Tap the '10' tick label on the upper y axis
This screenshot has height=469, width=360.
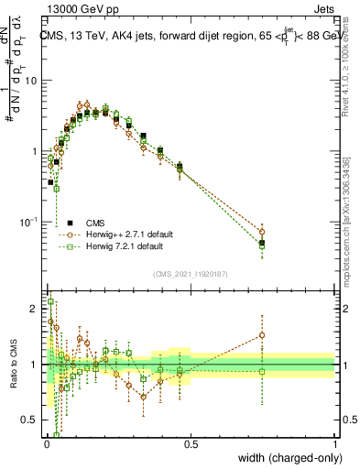pos(30,81)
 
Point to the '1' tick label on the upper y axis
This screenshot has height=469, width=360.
pos(34,151)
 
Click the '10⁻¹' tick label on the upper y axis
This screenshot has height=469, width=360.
pos(28,223)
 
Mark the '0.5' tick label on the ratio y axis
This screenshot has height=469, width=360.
pos(29,421)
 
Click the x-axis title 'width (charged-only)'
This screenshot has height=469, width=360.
pos(286,458)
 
